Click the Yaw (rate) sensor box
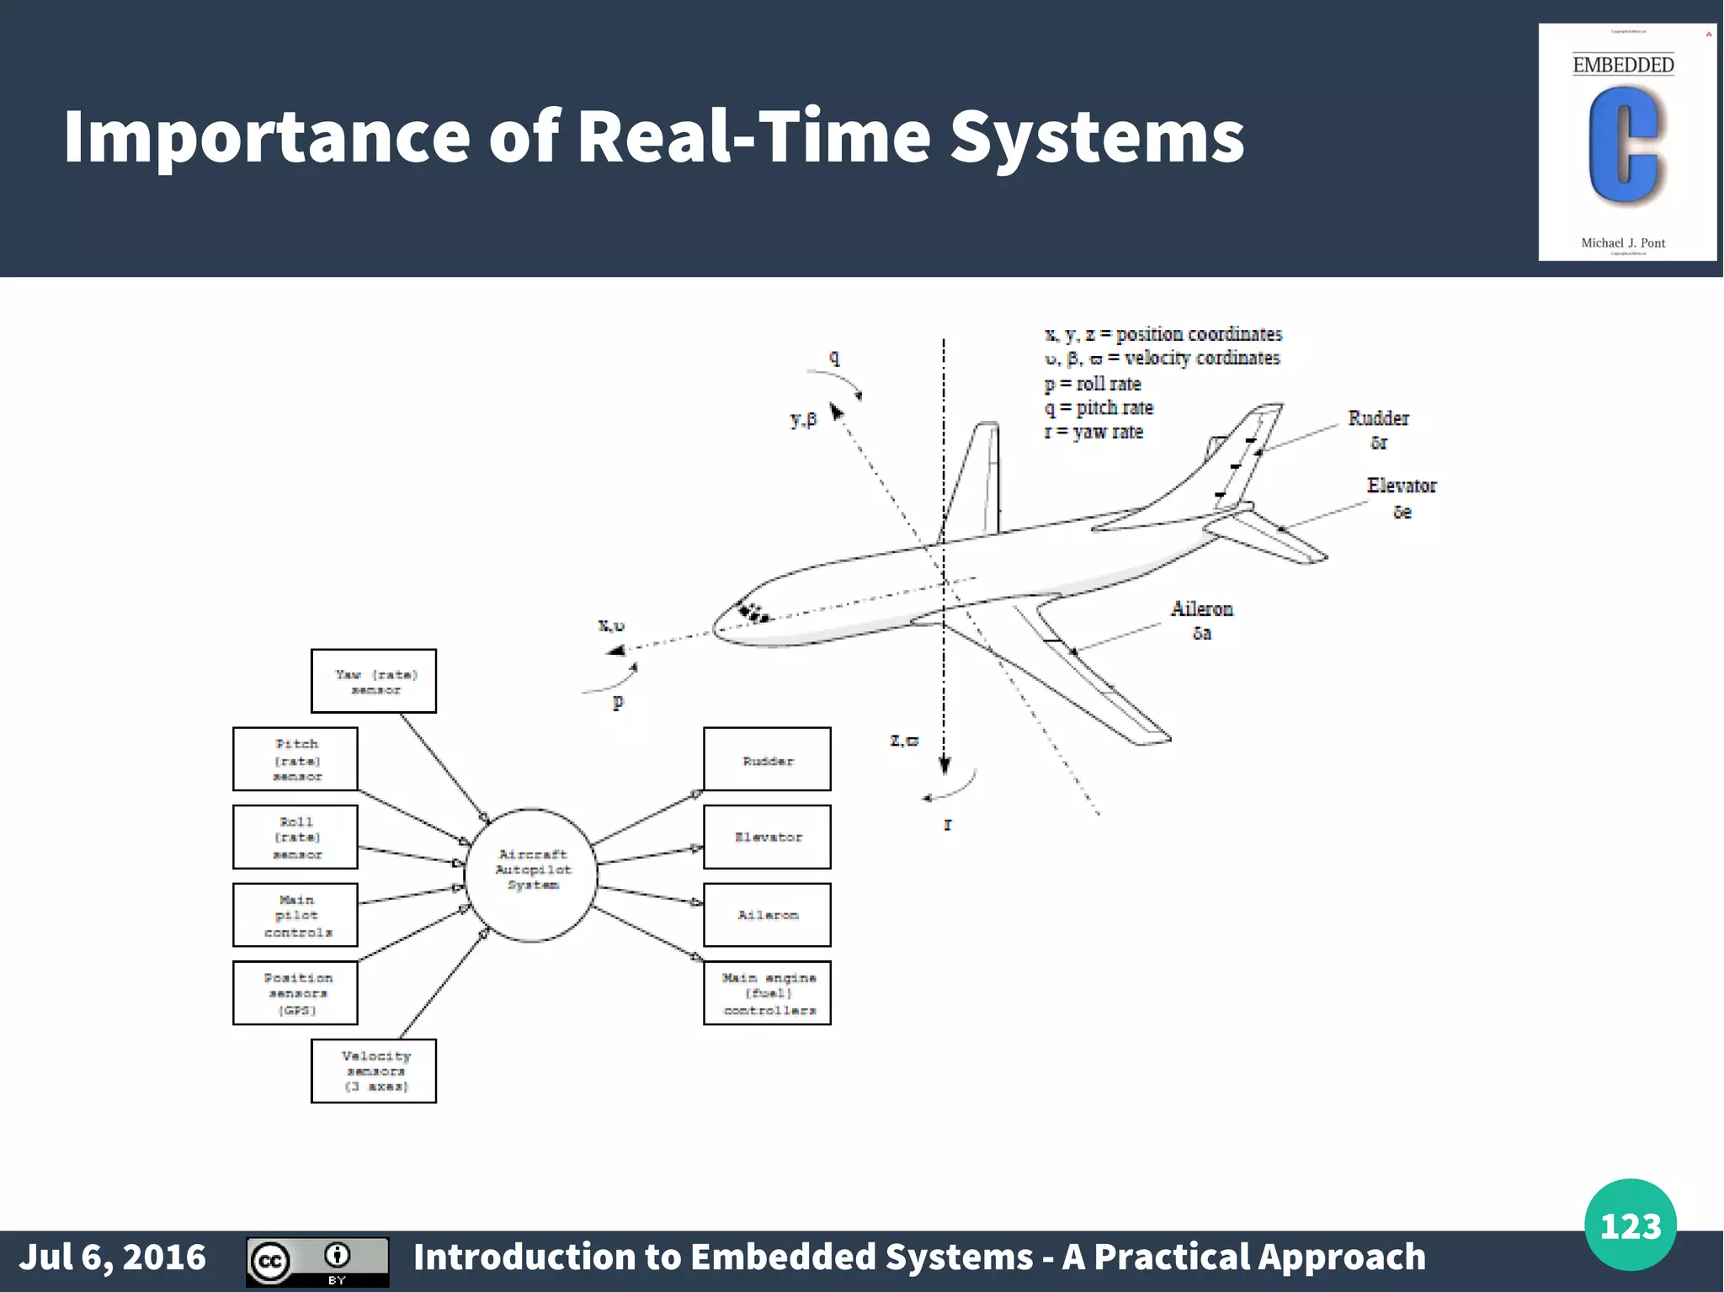click(374, 681)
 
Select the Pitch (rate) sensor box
click(295, 759)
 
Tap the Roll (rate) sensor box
click(295, 837)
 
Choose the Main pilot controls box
click(295, 915)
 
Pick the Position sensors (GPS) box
click(295, 993)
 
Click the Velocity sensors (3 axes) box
click(374, 1071)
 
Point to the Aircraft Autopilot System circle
click(531, 875)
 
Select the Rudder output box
click(767, 759)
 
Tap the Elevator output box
click(767, 837)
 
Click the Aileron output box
click(767, 915)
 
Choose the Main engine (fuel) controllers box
click(767, 993)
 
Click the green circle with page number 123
click(1630, 1225)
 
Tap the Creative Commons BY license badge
click(317, 1262)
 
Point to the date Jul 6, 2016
click(113, 1257)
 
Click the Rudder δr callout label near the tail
click(1378, 429)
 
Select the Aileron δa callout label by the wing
click(1201, 619)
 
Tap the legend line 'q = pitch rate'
click(1099, 408)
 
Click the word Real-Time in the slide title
click(753, 136)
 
